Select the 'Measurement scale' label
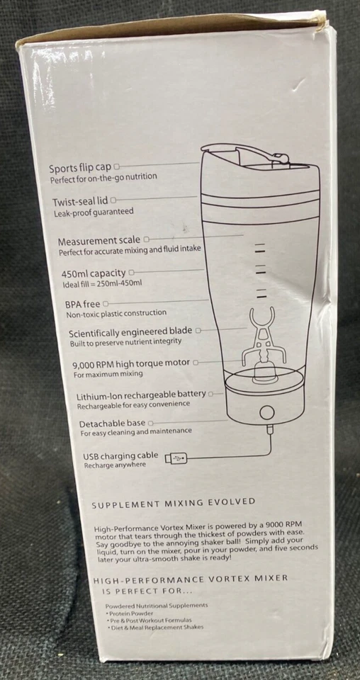click(x=99, y=240)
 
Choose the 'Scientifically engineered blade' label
click(x=131, y=332)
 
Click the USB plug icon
click(x=176, y=458)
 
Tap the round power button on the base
click(x=267, y=412)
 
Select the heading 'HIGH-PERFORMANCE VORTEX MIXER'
click(x=191, y=578)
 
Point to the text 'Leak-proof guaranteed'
click(x=93, y=212)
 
